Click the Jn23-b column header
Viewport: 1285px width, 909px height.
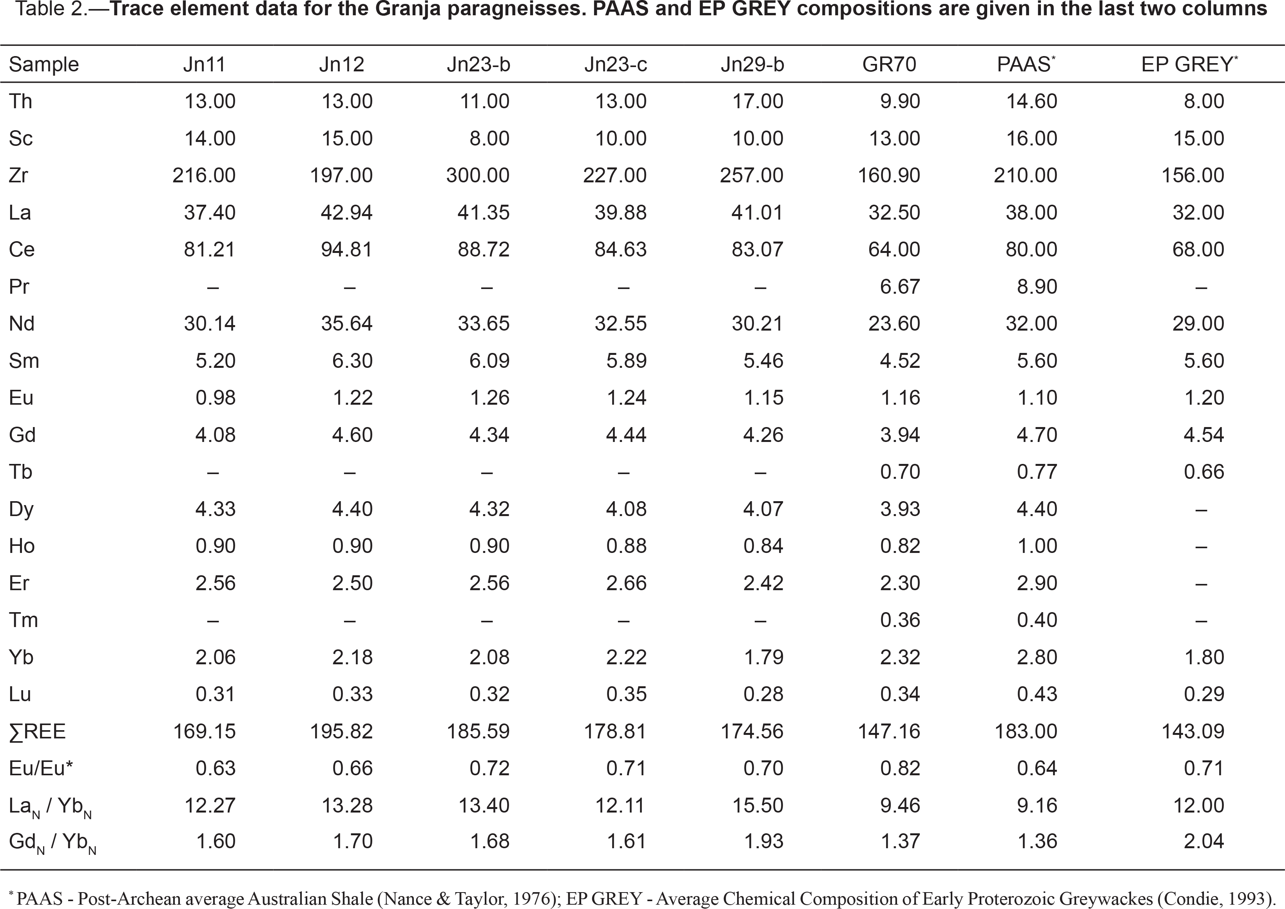[478, 64]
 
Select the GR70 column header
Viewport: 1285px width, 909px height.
[889, 64]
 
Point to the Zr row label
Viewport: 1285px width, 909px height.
[18, 175]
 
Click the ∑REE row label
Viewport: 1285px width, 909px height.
[37, 731]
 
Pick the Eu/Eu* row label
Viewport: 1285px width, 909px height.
[41, 769]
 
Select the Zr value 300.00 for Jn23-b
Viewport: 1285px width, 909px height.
[478, 175]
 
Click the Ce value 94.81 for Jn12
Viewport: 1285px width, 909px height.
[347, 249]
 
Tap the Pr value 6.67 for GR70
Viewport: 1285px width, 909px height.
[900, 287]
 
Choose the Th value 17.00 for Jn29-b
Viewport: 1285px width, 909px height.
[758, 102]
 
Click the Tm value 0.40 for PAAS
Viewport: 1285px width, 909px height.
[1037, 620]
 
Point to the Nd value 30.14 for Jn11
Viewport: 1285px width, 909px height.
[210, 324]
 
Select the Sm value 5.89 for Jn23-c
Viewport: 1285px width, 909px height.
[626, 361]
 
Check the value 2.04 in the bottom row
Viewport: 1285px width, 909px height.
[1204, 841]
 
